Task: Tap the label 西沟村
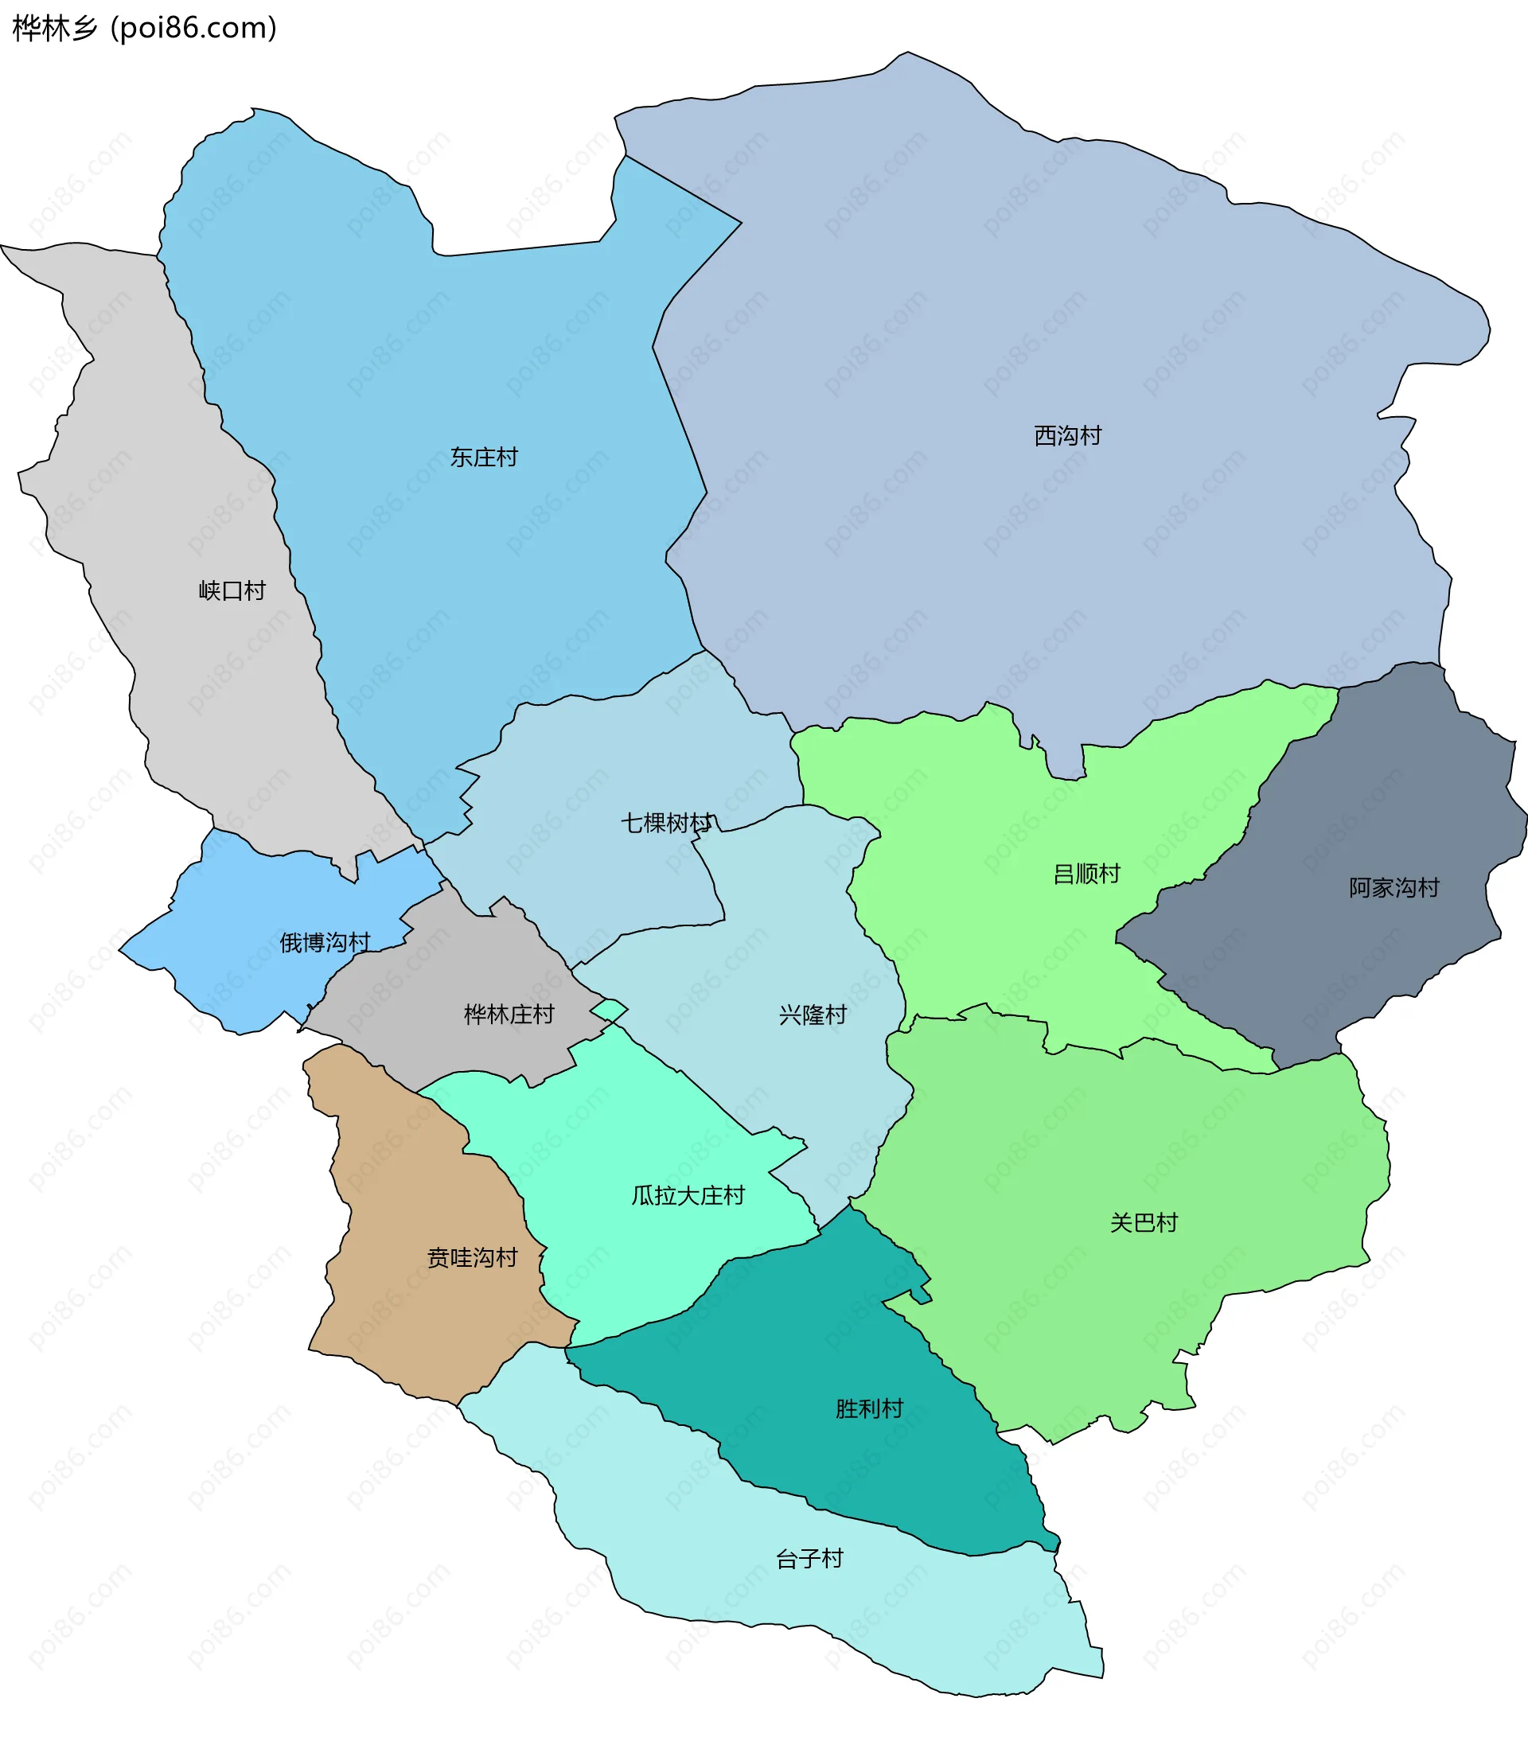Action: [1066, 435]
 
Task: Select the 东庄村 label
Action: [484, 457]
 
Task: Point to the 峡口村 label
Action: [232, 590]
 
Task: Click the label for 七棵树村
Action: [666, 823]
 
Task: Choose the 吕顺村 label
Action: [1086, 874]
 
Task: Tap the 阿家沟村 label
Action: [1394, 887]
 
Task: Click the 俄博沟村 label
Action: [325, 942]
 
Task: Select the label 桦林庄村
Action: [509, 1014]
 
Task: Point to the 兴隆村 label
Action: [812, 1015]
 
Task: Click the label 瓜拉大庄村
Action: [688, 1195]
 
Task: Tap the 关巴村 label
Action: [1143, 1222]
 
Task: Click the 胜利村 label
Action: [868, 1408]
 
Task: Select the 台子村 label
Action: [809, 1558]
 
